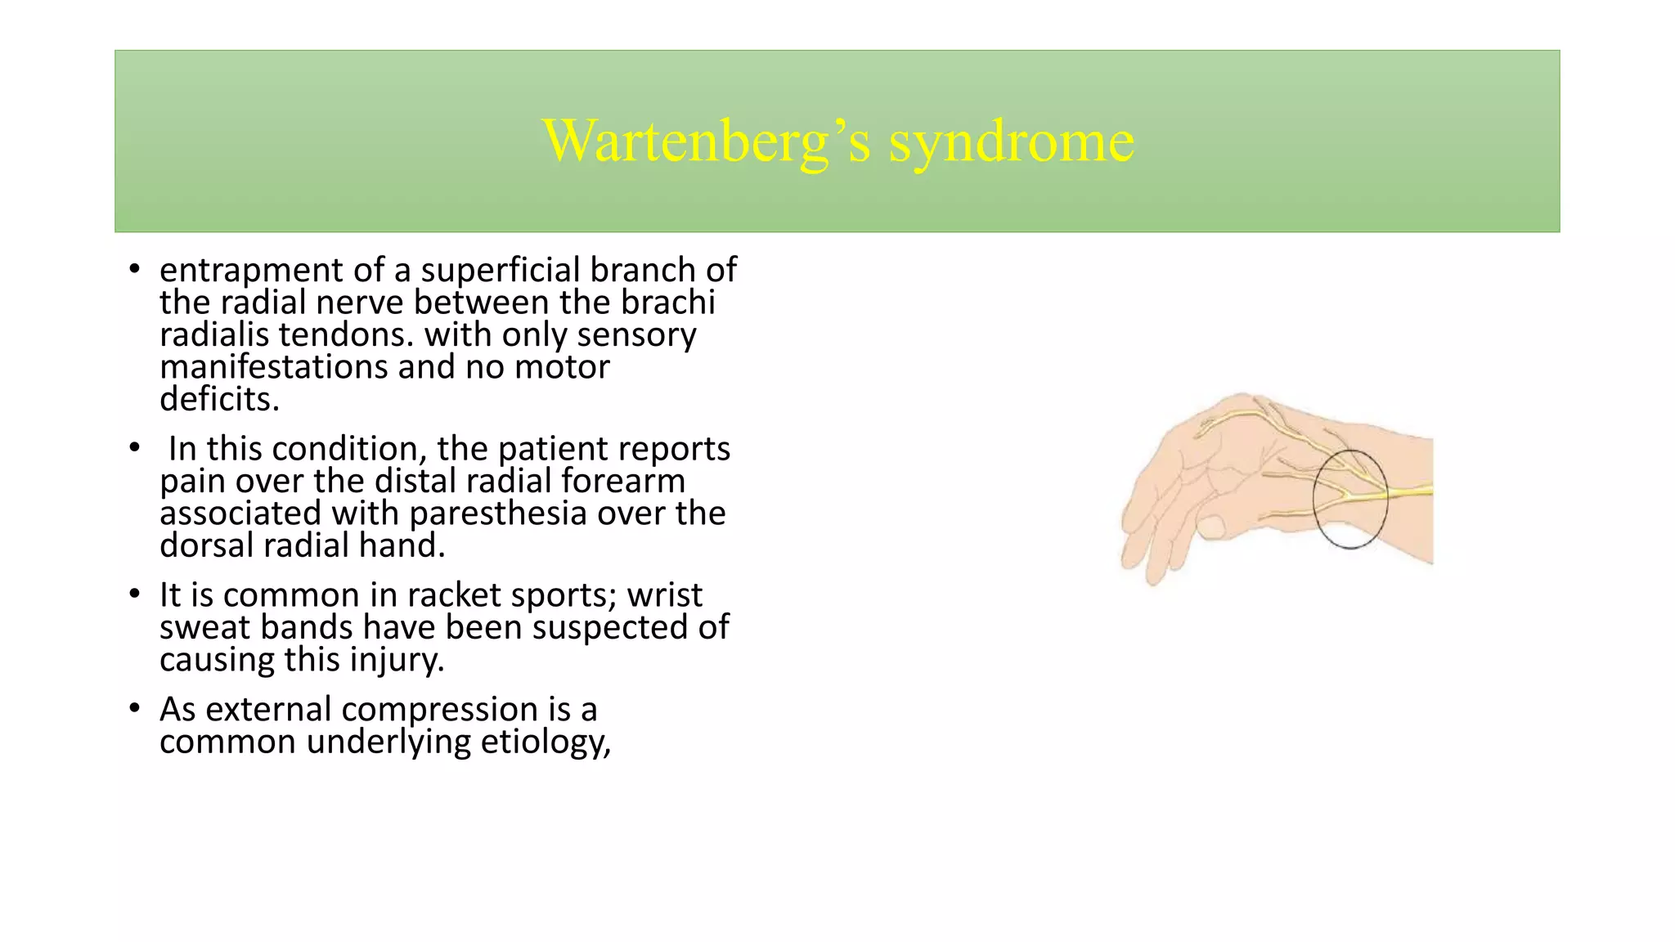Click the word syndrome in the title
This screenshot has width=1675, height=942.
point(1012,141)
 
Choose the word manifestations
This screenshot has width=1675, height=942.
point(273,367)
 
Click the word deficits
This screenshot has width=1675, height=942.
point(218,399)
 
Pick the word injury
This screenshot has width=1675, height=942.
point(396,660)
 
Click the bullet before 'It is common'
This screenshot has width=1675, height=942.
point(135,594)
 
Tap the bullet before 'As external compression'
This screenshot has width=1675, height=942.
point(135,709)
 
